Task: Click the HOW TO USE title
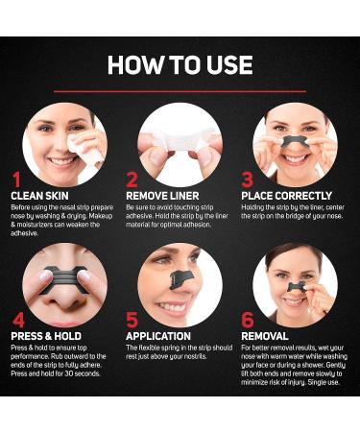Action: (180, 65)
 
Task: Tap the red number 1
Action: (16, 180)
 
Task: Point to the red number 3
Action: (248, 180)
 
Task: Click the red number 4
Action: (16, 322)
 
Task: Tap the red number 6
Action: (249, 322)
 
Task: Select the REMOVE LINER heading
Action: (168, 196)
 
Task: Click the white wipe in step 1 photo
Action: (84, 144)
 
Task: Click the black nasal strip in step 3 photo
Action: (295, 144)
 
